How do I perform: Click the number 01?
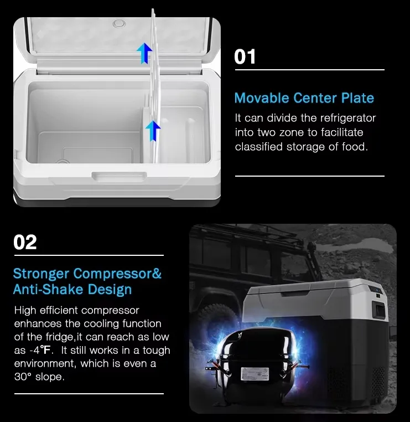pos(245,56)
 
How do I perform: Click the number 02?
pos(25,242)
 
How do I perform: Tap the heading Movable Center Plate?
pos(304,99)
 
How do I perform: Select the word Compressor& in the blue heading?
pos(117,274)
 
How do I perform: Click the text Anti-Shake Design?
pos(72,289)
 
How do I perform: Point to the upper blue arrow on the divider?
pos(145,53)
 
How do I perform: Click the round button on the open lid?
pos(118,24)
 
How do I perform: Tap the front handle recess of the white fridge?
pos(119,177)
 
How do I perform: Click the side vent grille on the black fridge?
pos(378,379)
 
